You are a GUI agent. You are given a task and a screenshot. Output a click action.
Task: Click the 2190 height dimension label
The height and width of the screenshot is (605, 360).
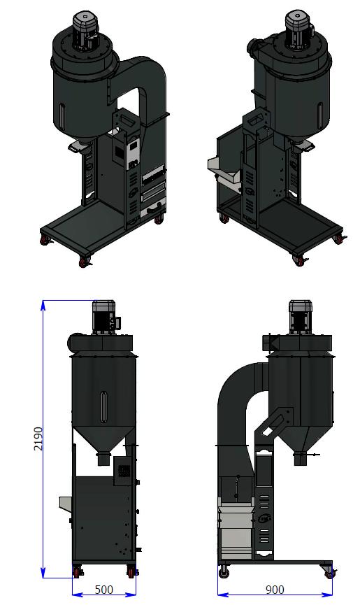[38, 439]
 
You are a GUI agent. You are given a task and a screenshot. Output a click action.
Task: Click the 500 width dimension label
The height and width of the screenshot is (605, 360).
[103, 590]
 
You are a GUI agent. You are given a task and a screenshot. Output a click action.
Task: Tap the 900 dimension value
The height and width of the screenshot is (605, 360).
[275, 590]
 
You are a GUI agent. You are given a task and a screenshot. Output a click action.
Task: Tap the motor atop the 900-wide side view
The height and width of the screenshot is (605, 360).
[299, 317]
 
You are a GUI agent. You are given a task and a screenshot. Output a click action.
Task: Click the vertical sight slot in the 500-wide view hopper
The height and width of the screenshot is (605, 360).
[103, 406]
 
